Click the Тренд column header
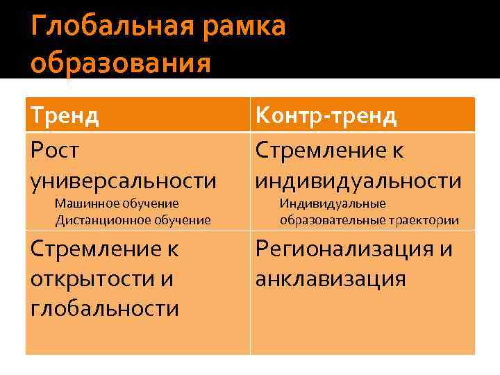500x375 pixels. pos(65,115)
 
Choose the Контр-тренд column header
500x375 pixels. pos(326,115)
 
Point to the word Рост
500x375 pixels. pos(56,149)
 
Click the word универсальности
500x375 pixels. pos(124,181)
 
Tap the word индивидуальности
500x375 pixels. pos(358,181)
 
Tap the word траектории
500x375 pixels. pos(423,220)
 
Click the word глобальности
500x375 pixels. pos(105,308)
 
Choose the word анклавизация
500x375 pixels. pos(331,278)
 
